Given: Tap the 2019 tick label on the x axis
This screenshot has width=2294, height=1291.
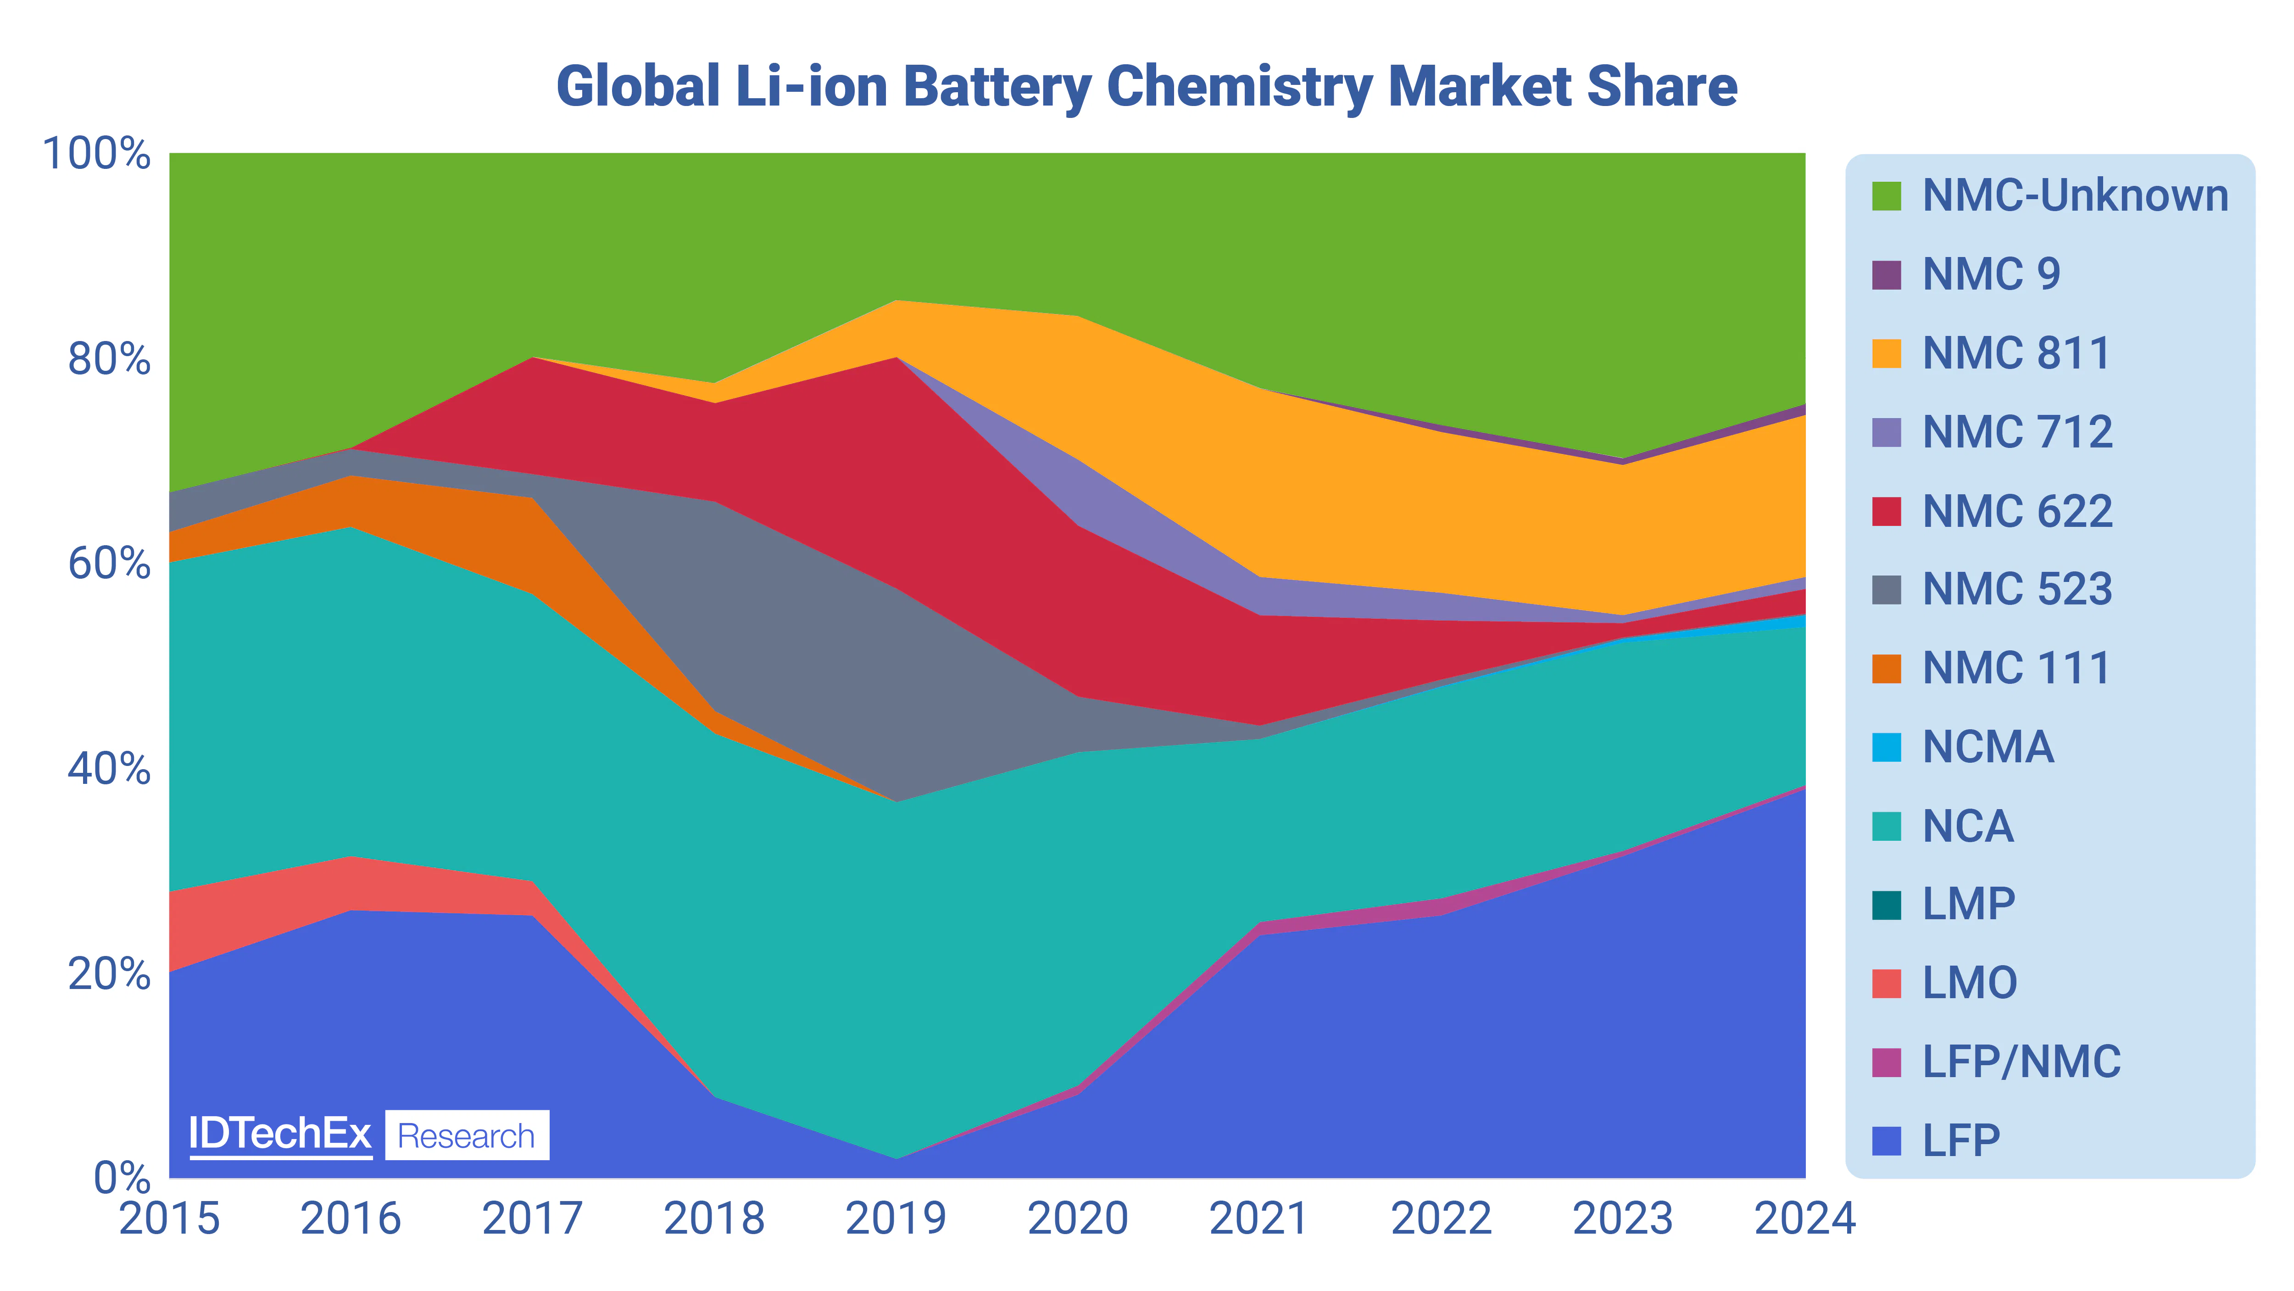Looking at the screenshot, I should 896,1218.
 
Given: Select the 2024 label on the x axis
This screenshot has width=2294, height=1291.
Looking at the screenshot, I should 1804,1218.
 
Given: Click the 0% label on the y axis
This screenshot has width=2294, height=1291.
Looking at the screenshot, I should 122,1178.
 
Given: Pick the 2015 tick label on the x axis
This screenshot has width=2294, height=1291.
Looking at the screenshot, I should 169,1218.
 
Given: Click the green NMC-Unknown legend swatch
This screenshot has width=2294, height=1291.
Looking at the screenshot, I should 1886,196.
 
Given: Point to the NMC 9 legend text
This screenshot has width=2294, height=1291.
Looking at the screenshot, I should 1991,274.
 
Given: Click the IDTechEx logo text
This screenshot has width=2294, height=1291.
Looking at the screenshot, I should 279,1134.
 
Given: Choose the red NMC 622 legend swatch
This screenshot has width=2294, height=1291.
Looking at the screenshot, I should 1886,511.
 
